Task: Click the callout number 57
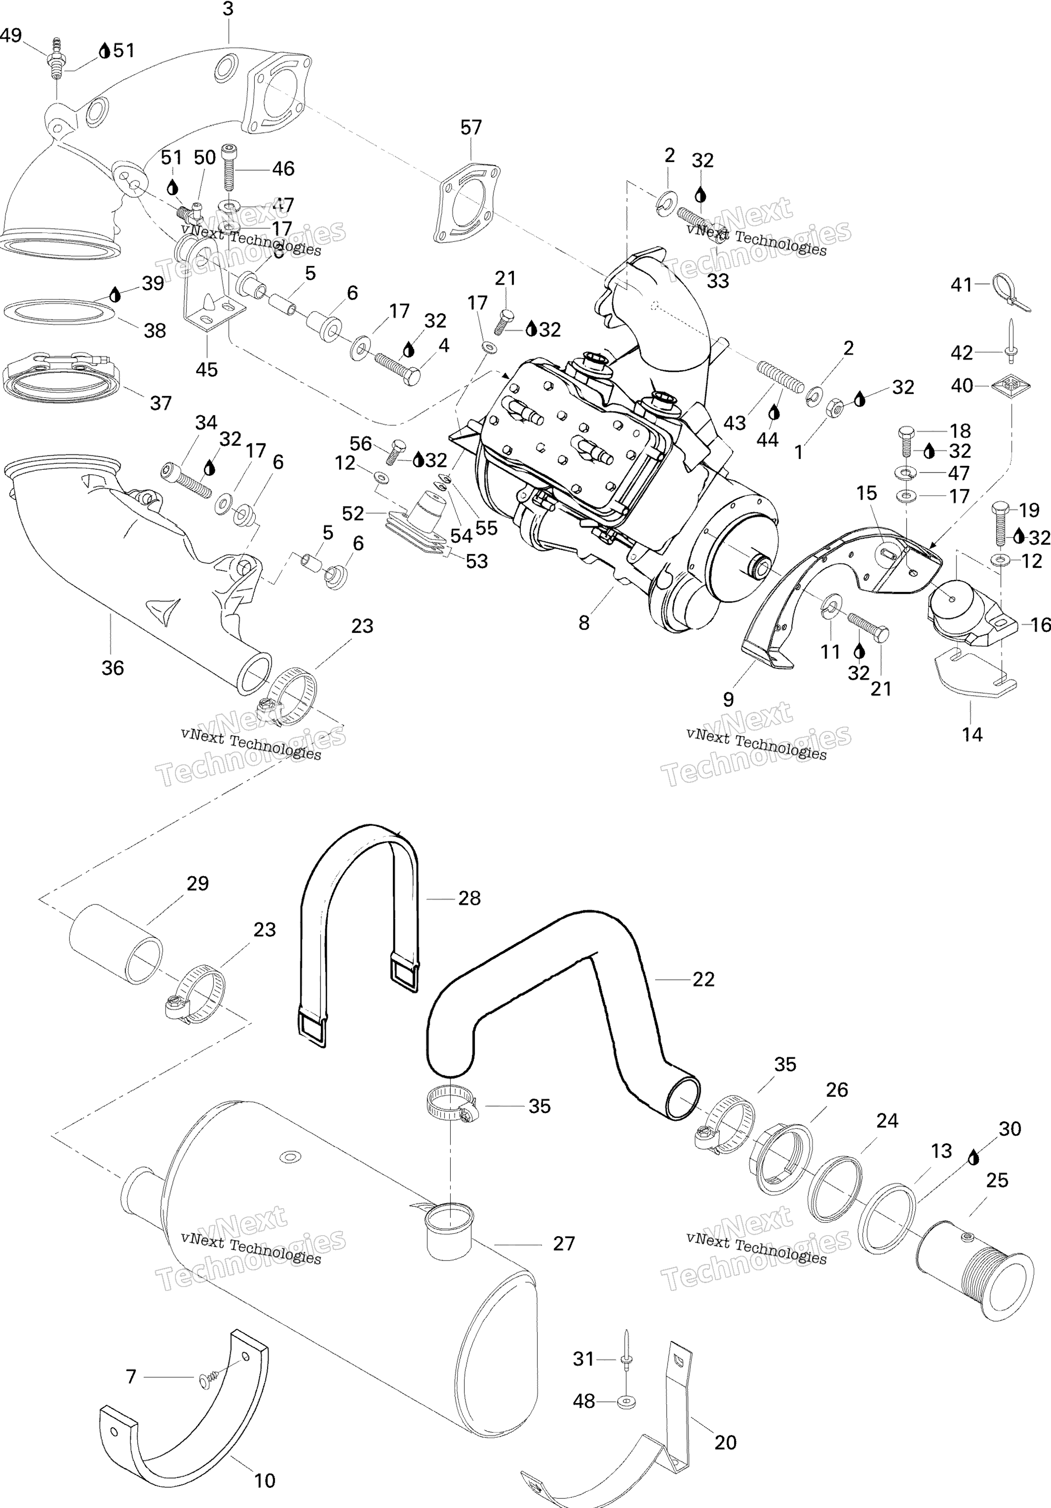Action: pos(471,127)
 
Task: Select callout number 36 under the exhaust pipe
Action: pos(112,668)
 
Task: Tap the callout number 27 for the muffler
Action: pos(563,1243)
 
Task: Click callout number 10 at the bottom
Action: pos(265,1481)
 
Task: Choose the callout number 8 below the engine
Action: pos(584,623)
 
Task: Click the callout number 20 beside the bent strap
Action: pos(725,1442)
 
